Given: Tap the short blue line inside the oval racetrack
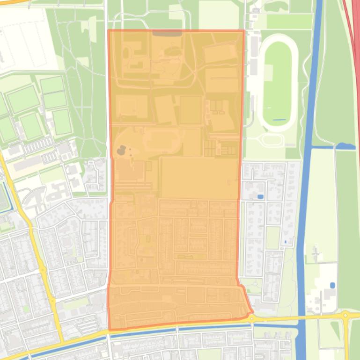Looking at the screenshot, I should [x=279, y=120].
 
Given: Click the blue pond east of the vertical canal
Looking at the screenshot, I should [x=345, y=146].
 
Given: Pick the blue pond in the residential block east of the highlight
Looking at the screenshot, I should [x=260, y=196].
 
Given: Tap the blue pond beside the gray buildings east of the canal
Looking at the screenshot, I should [x=332, y=285].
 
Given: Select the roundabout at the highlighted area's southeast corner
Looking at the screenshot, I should [x=252, y=318].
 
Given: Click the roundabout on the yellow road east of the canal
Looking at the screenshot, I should [x=345, y=316].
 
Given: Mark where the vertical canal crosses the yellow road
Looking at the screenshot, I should [x=300, y=317].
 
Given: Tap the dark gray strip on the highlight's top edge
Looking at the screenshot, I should [x=168, y=33].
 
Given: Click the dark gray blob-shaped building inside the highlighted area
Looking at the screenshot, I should [x=121, y=150].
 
